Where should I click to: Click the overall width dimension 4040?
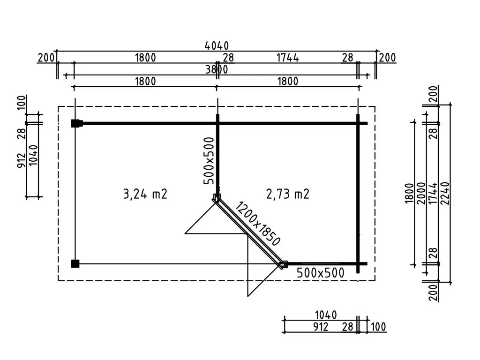(x=217, y=46)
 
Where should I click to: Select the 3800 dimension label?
(x=217, y=70)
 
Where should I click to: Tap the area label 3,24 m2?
(x=145, y=194)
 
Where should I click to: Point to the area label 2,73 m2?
(x=288, y=194)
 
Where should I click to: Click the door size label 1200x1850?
(x=257, y=224)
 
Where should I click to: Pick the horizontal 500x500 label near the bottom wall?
(x=321, y=273)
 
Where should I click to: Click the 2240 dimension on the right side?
(x=445, y=194)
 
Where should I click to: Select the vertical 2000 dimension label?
(x=421, y=194)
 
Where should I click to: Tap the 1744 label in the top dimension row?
(x=287, y=58)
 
